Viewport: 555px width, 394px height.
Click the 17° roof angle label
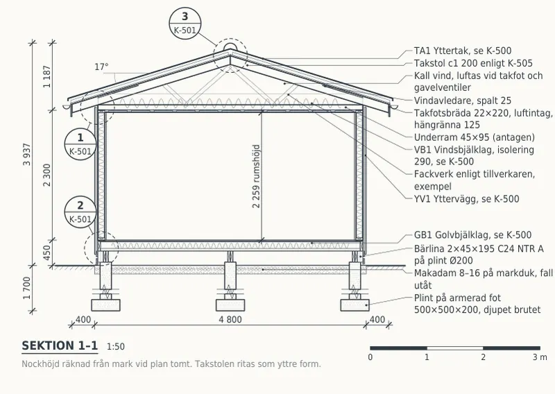pyautogui.click(x=101, y=67)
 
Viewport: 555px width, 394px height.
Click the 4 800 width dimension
pyautogui.click(x=230, y=320)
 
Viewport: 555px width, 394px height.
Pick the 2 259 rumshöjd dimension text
pyautogui.click(x=256, y=176)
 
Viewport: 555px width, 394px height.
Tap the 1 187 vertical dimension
pyautogui.click(x=46, y=76)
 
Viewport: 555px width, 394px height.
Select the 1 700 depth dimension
pyautogui.click(x=27, y=288)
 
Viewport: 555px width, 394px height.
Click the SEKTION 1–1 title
pyautogui.click(x=60, y=346)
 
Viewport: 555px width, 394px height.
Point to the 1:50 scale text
pyautogui.click(x=116, y=347)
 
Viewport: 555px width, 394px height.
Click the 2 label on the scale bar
pyautogui.click(x=483, y=357)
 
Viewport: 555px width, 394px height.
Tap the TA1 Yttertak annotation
pyautogui.click(x=463, y=51)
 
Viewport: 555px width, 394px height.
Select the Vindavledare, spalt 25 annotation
pyautogui.click(x=463, y=101)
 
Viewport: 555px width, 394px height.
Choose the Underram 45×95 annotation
pyautogui.click(x=475, y=137)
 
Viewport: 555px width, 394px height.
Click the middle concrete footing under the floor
pyautogui.click(x=230, y=305)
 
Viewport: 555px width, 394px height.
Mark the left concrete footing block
pyautogui.click(x=106, y=305)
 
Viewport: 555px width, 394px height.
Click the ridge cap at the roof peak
pyautogui.click(x=230, y=47)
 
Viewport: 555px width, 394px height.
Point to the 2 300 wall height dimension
pyautogui.click(x=46, y=175)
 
